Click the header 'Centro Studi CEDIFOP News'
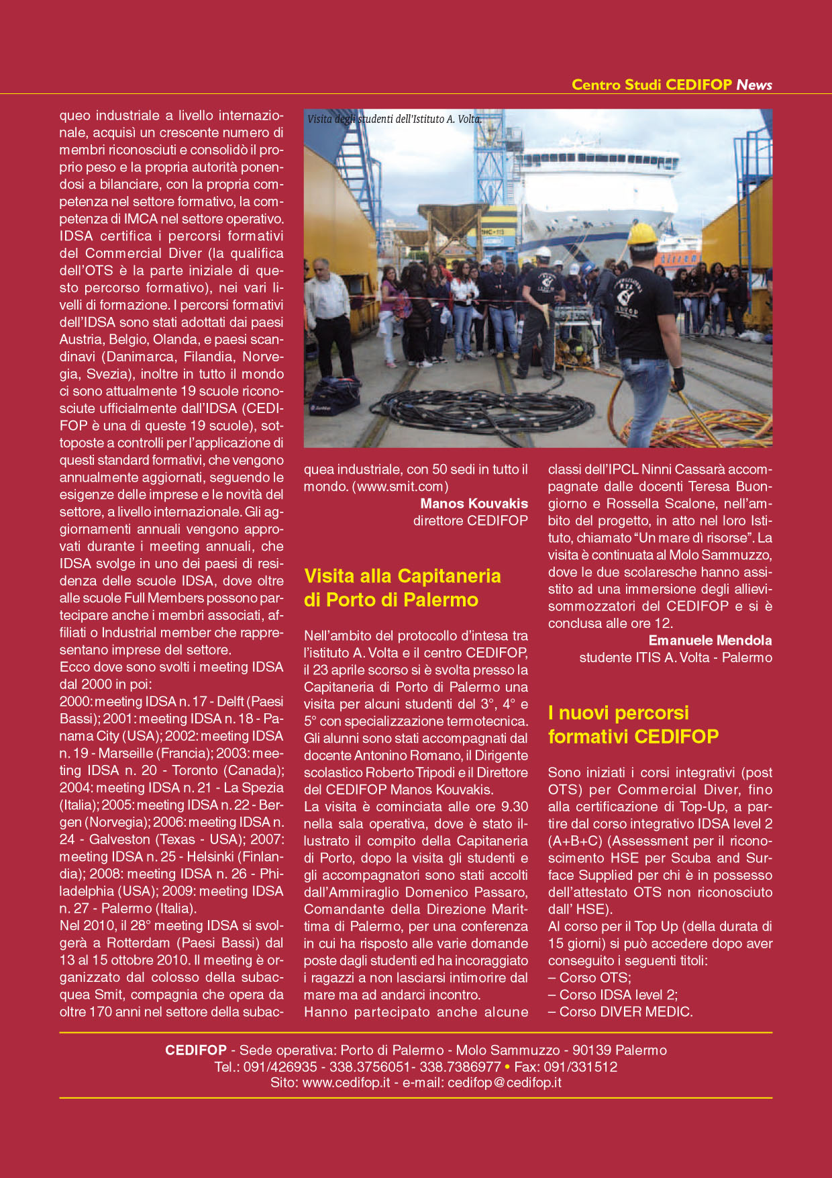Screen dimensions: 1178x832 (671, 85)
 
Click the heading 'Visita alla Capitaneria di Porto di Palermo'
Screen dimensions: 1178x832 (402, 588)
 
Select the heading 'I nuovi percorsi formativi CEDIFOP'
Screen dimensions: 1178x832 (633, 725)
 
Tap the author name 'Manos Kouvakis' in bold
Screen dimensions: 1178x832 (474, 503)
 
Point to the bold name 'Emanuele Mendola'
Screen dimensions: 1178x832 (710, 640)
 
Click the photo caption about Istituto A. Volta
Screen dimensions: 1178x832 (394, 119)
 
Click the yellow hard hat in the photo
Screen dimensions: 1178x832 (642, 234)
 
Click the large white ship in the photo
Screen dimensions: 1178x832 (604, 195)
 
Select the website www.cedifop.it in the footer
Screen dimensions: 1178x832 (346, 1083)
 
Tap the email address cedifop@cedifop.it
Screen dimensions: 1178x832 (504, 1083)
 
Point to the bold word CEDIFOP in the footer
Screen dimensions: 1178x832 (195, 1050)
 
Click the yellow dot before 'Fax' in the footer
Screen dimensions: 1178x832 (507, 1067)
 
